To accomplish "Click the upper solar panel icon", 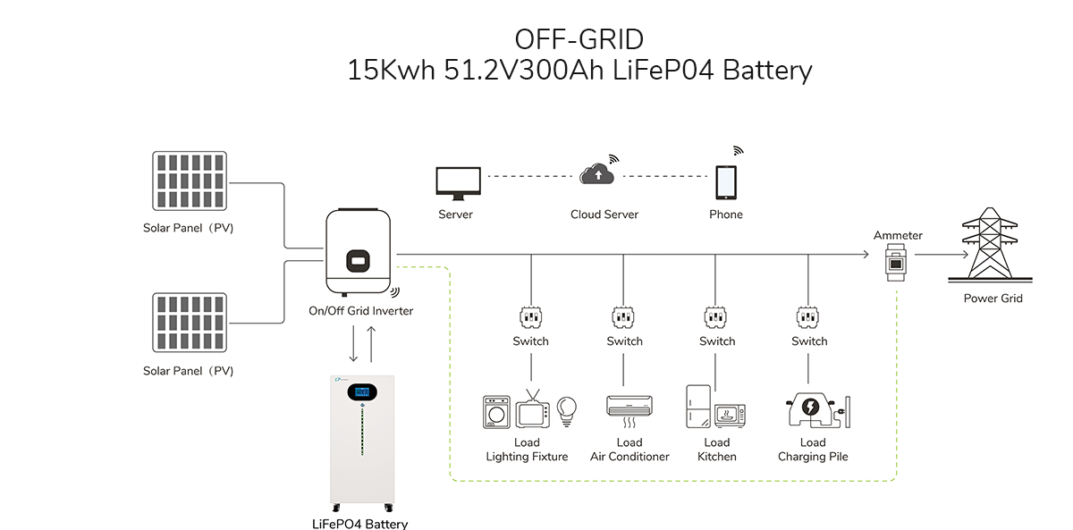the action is [x=190, y=181].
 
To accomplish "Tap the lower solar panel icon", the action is [x=190, y=323].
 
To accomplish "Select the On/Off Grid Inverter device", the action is [x=359, y=252].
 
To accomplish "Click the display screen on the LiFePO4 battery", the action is [x=362, y=392].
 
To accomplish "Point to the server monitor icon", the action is [x=459, y=183].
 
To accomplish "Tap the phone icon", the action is [x=726, y=182].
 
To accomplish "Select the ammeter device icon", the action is [x=895, y=263].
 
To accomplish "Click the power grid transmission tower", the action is [x=990, y=244].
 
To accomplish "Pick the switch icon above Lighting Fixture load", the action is [x=531, y=317].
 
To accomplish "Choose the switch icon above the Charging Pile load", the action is [x=807, y=317].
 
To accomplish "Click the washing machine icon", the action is [x=496, y=412].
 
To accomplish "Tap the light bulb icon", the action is [x=567, y=411].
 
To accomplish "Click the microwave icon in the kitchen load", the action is [x=730, y=415].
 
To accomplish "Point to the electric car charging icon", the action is [x=811, y=410].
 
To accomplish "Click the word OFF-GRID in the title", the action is [x=579, y=39].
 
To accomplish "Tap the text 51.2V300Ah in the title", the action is [x=524, y=70].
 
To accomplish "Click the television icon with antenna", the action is [x=532, y=408].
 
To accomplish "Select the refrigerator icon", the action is [x=698, y=407].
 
